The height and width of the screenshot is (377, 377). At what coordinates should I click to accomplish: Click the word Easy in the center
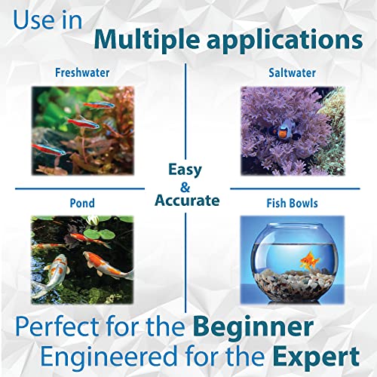point(185,169)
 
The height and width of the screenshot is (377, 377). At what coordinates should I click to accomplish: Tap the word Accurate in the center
point(186,201)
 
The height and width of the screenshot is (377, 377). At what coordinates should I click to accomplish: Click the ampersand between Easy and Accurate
point(186,185)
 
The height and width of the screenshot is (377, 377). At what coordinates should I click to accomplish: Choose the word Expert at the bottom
point(314,356)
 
